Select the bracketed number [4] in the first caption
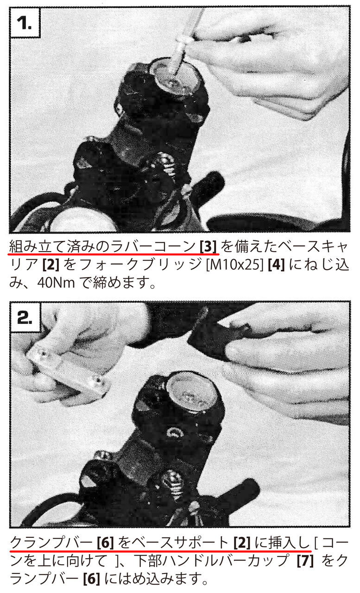276,265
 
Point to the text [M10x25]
235,265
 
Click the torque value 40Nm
56,283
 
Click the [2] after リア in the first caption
51,265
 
